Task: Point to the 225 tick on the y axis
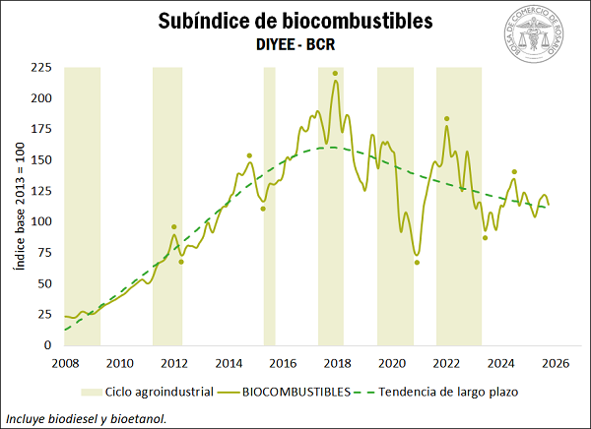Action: [40, 68]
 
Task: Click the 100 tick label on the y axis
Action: [40, 221]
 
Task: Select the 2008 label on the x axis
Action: [65, 364]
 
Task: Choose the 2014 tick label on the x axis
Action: [229, 364]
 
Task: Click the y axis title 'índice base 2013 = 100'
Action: [18, 206]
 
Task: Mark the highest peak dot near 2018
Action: [336, 74]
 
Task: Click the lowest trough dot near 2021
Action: [417, 263]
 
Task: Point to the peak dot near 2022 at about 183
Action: [447, 119]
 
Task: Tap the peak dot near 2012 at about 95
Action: [174, 227]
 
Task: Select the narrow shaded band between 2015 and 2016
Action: [269, 206]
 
